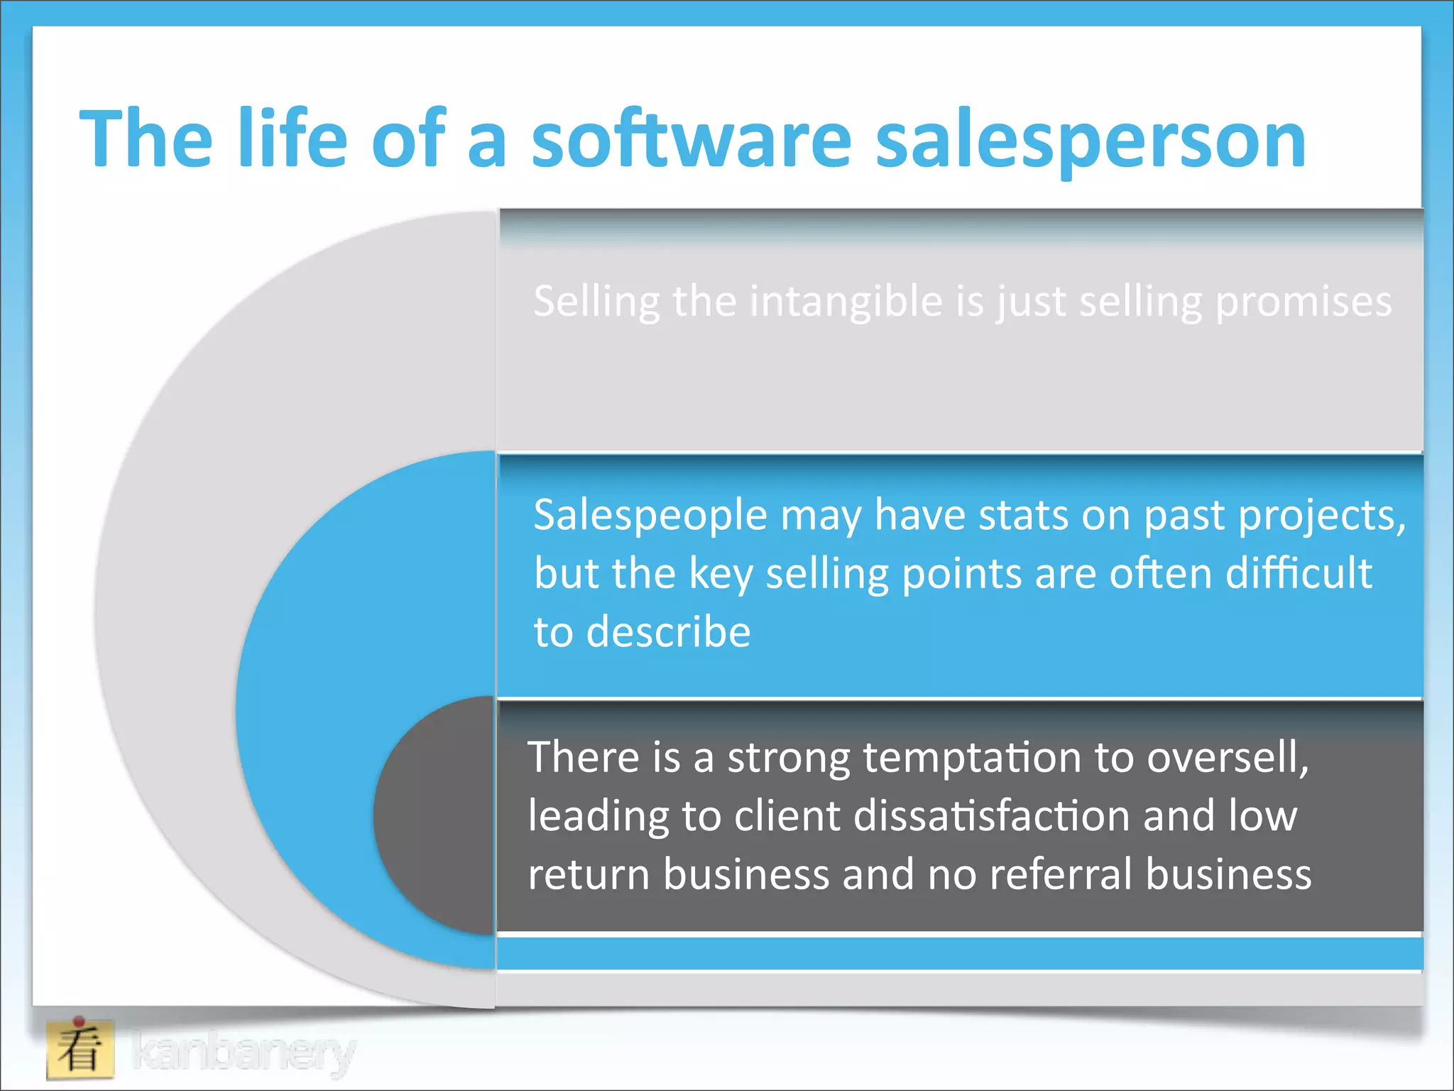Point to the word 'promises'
(x=1303, y=302)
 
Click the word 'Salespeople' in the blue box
(x=650, y=515)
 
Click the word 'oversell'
(x=1226, y=757)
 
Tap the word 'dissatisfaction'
(x=991, y=815)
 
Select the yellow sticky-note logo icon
(x=80, y=1049)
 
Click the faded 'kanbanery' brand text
(x=244, y=1052)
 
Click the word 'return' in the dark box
(x=589, y=874)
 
